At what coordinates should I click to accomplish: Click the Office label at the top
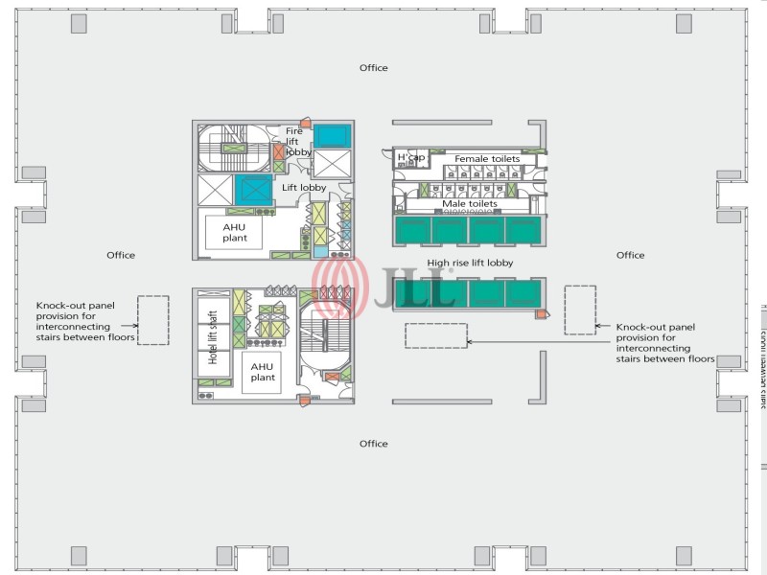(373, 68)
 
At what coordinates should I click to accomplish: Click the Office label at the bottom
(373, 444)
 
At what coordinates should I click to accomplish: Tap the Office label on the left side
(121, 255)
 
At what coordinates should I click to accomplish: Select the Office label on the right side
(630, 255)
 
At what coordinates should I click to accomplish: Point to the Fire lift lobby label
(298, 141)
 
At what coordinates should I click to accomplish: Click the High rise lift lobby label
(470, 263)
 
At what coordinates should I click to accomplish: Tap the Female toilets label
(486, 158)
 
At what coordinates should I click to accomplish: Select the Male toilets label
(469, 204)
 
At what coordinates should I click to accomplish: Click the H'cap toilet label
(410, 157)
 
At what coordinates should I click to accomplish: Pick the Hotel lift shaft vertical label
(213, 337)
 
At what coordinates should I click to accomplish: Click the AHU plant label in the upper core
(235, 233)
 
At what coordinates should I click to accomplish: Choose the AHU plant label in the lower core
(262, 372)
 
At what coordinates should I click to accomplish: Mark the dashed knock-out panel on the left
(152, 320)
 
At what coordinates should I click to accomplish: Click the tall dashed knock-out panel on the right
(580, 310)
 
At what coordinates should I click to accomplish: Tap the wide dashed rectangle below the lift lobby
(436, 335)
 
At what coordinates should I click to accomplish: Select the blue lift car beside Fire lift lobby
(333, 135)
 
